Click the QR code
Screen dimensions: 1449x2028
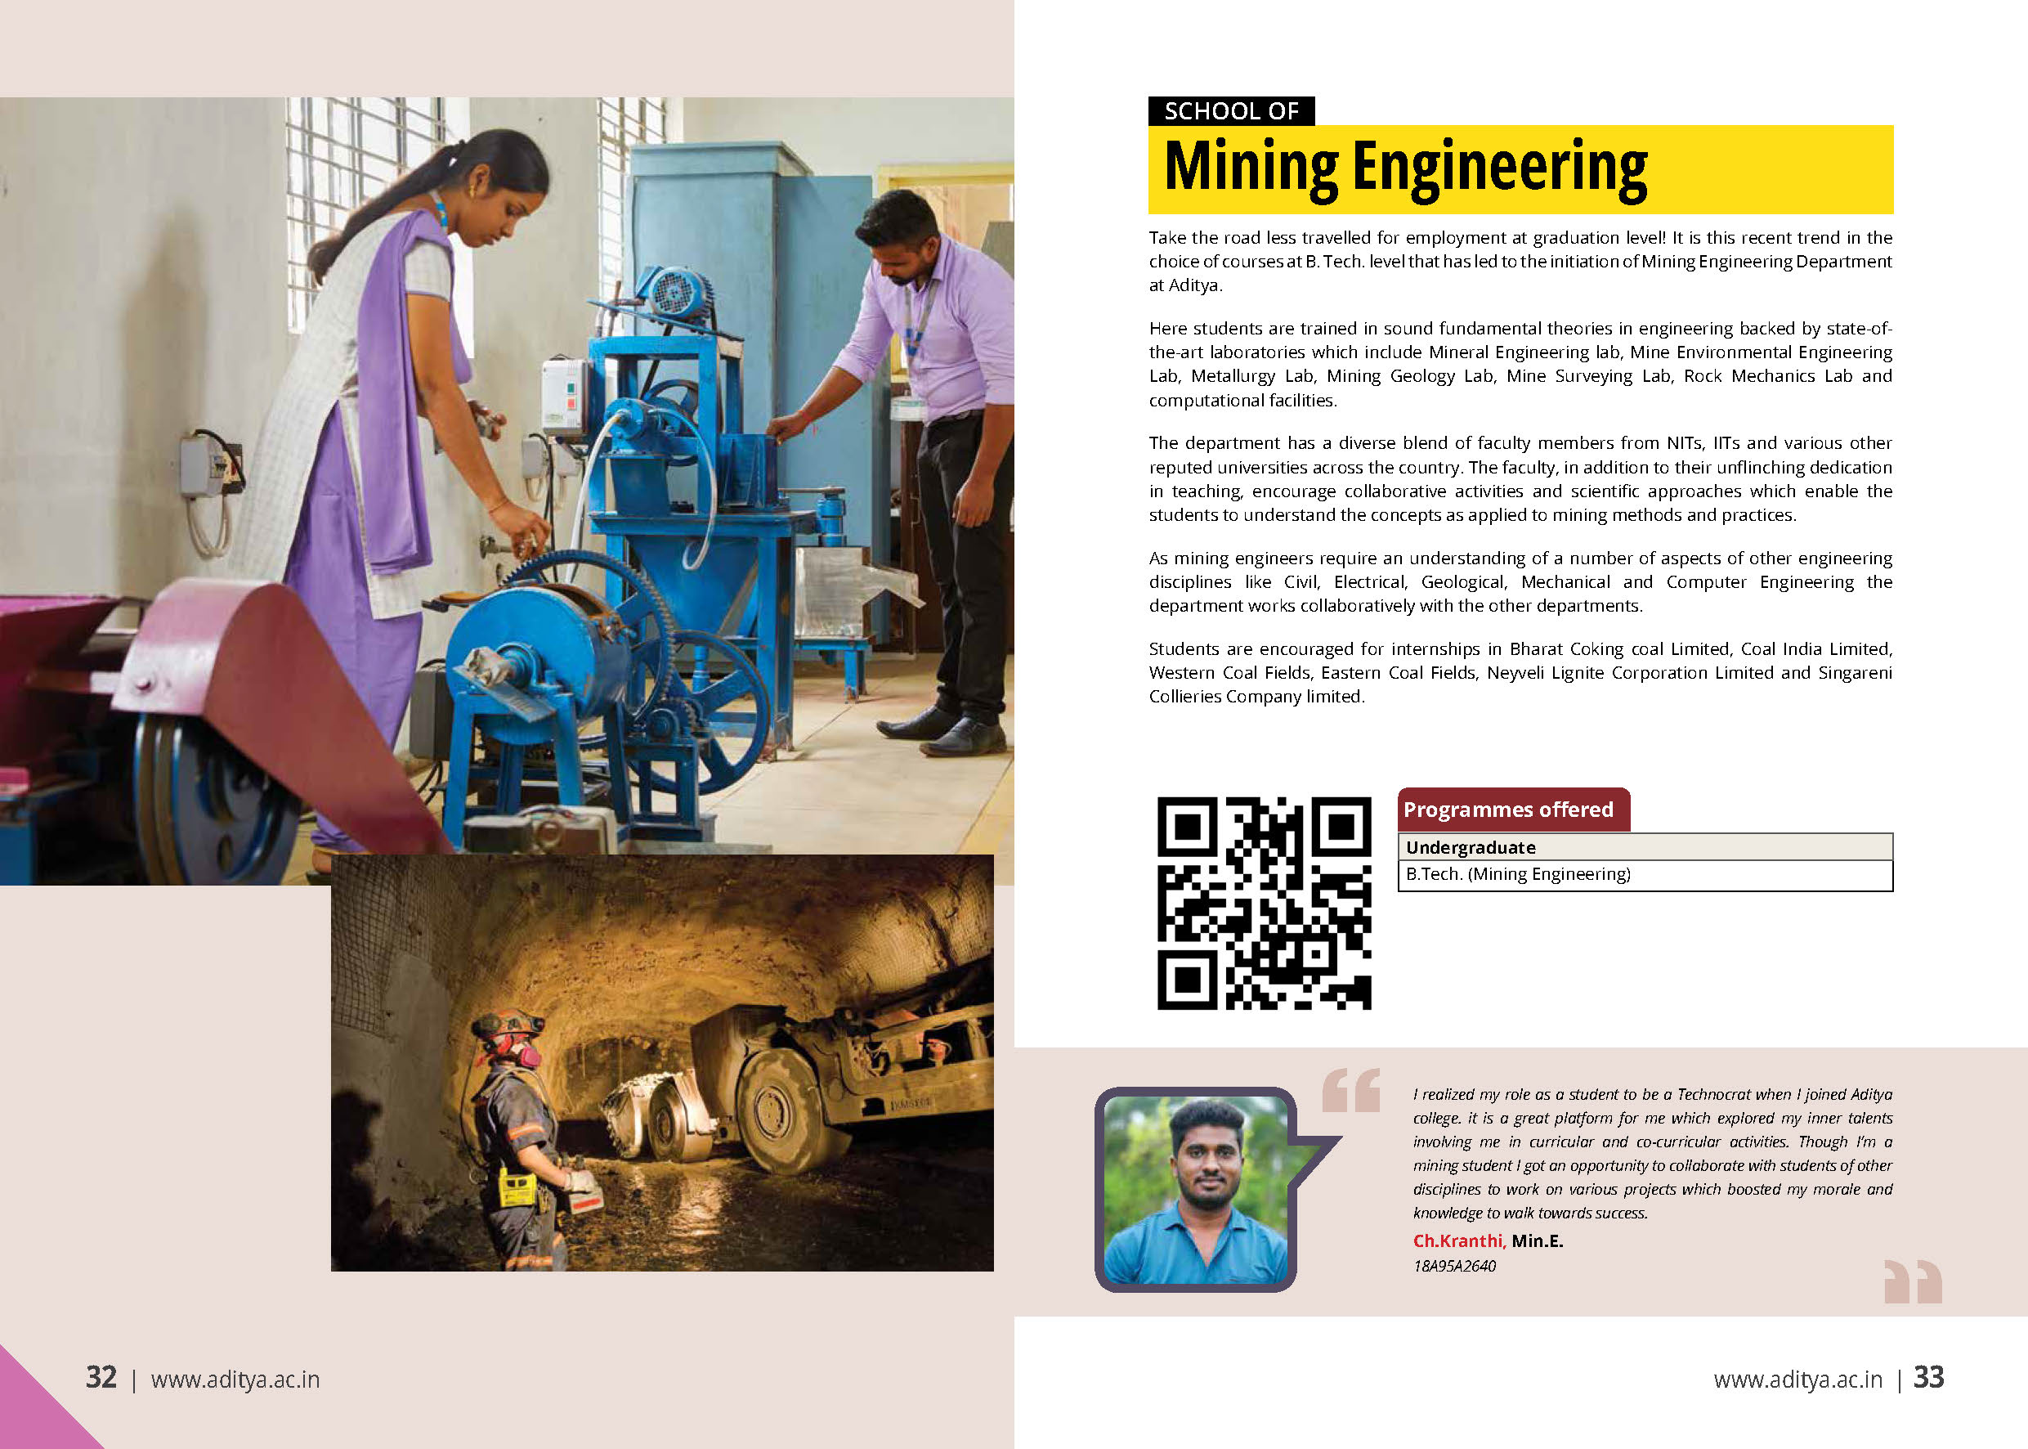click(1264, 903)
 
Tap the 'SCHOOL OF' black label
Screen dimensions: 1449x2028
click(1231, 111)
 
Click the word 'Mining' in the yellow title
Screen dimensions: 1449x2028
click(1251, 168)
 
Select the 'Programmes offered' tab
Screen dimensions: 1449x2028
click(1508, 810)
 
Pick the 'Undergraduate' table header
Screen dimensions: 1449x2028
click(1471, 846)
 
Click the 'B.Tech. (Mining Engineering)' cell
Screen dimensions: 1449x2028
click(1518, 874)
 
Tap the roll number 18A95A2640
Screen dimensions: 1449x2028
click(1453, 1266)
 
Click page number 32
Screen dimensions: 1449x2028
click(101, 1378)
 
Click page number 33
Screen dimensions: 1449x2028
click(1928, 1378)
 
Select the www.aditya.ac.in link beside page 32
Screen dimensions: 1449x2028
click(235, 1379)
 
